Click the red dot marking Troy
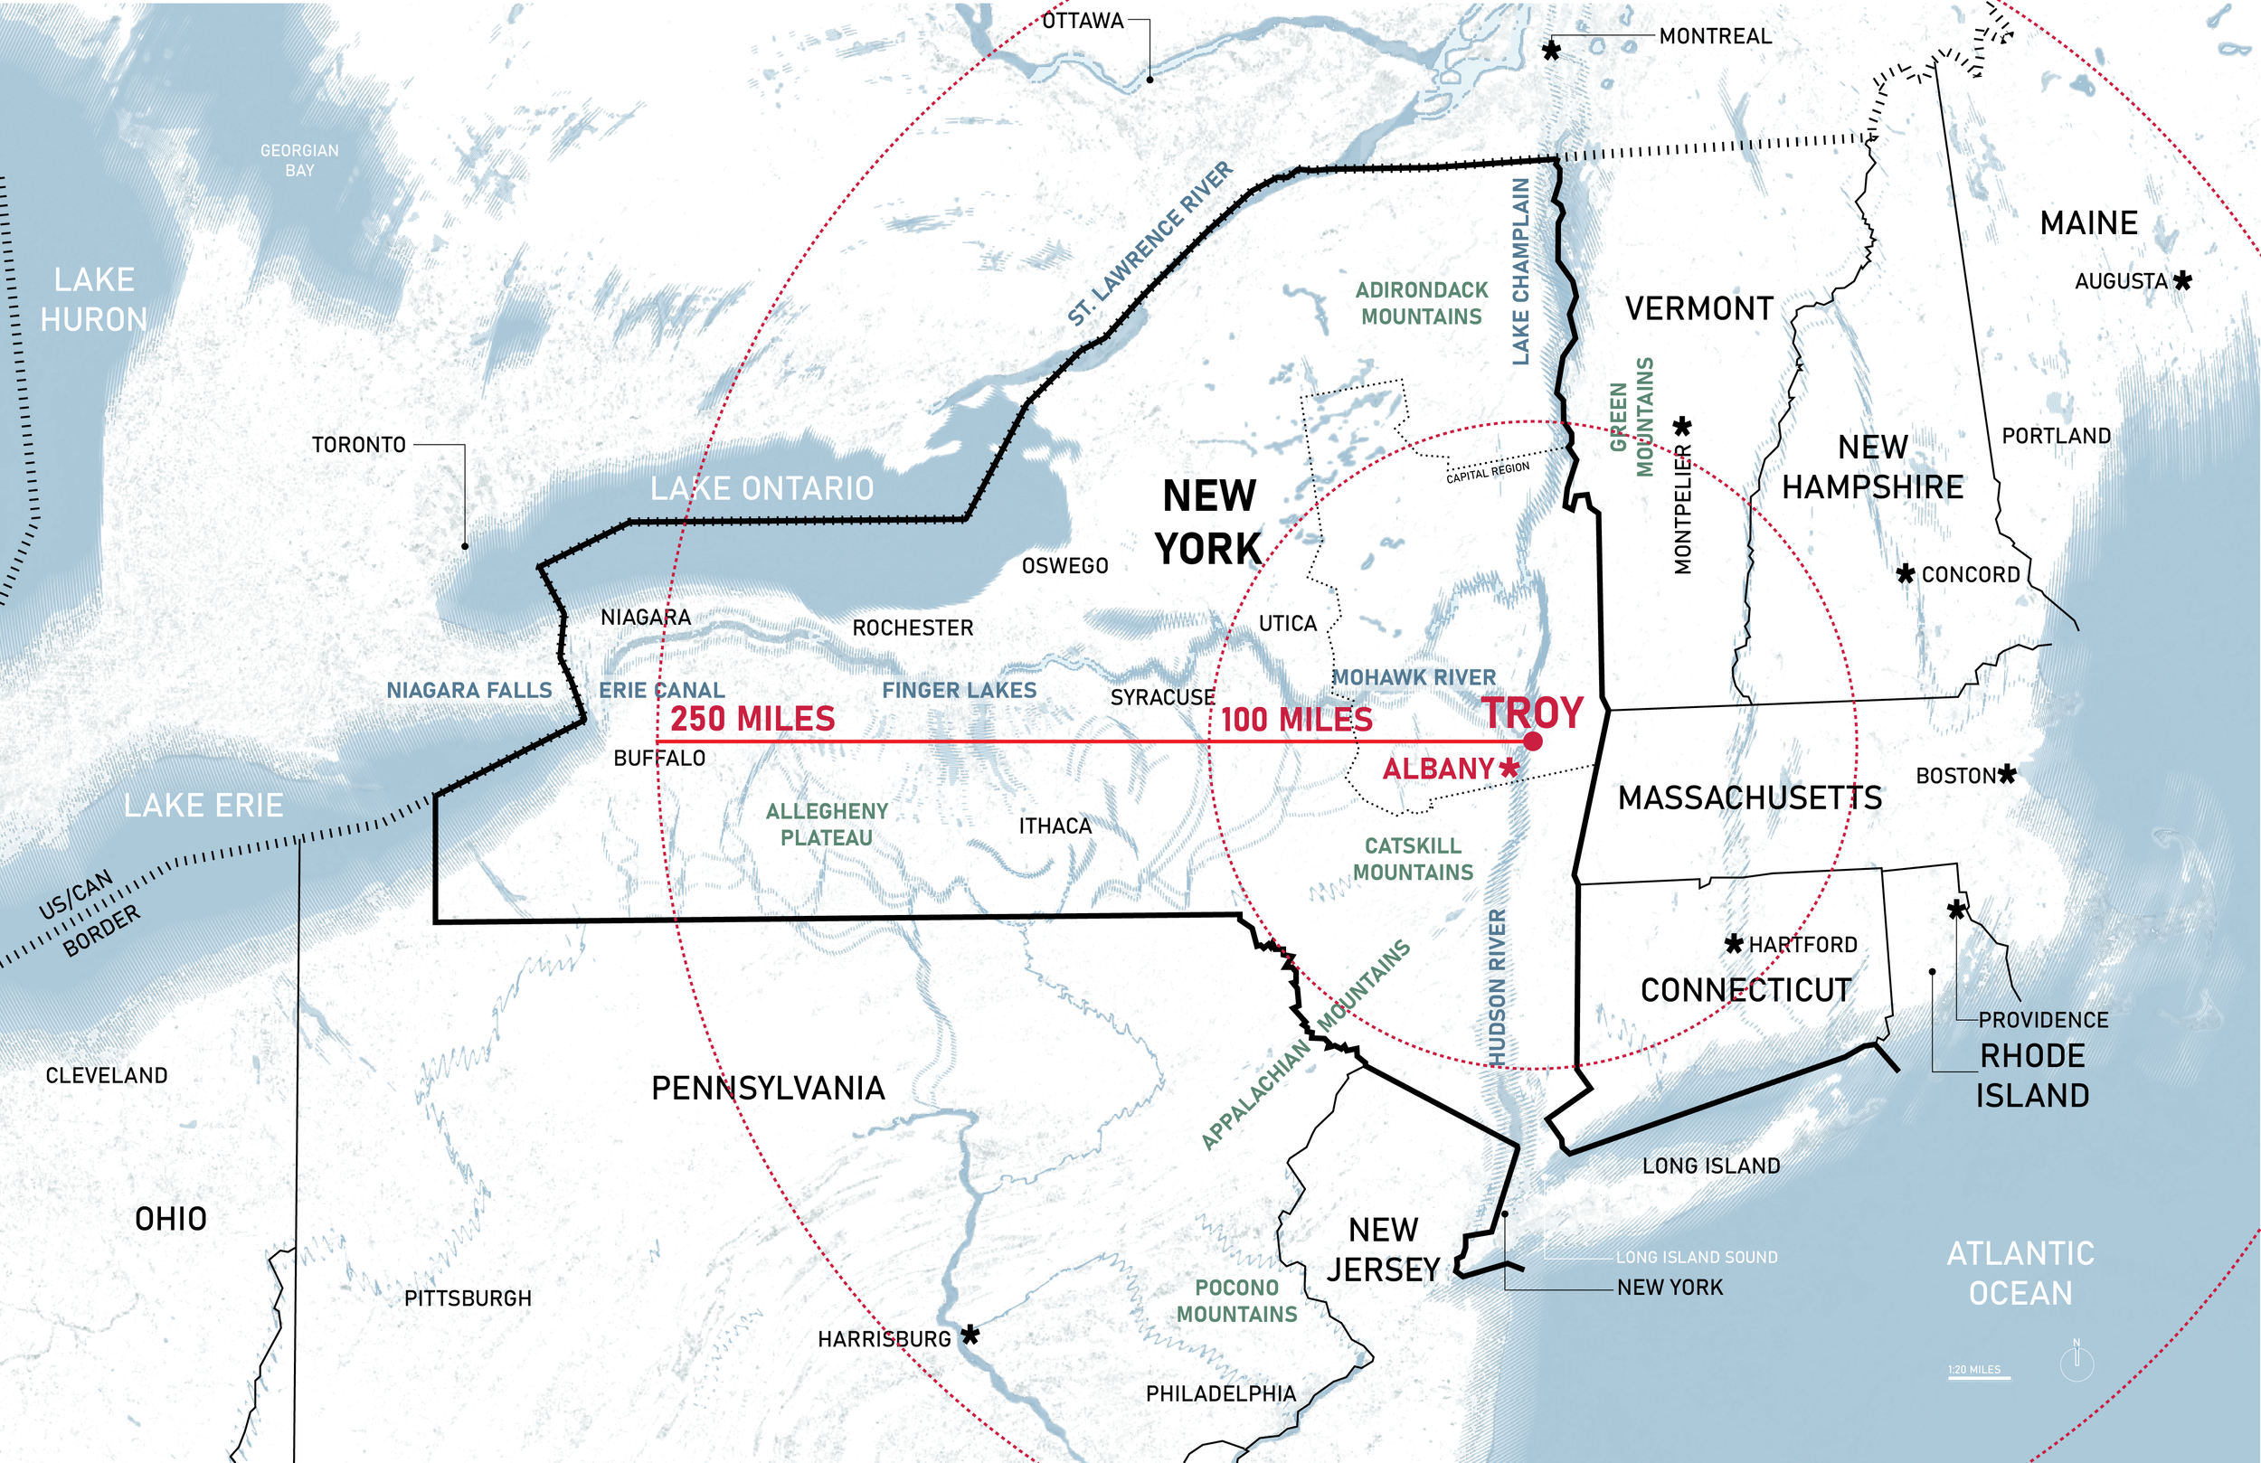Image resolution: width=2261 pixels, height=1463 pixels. [1532, 741]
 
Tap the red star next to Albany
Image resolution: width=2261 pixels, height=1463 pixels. [1508, 768]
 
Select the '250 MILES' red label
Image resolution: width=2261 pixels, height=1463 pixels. [752, 718]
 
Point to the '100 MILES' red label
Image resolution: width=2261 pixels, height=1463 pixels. [1297, 719]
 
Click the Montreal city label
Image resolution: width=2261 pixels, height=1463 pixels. [1715, 36]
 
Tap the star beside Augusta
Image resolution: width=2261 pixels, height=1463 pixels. [2183, 280]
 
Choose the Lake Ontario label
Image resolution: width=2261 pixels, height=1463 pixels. [762, 488]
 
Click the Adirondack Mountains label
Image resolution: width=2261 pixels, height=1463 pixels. [1421, 303]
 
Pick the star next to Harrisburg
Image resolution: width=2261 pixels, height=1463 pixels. [970, 1335]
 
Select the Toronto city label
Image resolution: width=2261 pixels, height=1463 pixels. [359, 445]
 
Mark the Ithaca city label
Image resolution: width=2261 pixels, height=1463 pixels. [1055, 826]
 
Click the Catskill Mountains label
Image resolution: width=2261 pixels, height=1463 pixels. [1413, 859]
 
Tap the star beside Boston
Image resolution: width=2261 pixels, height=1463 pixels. [2006, 774]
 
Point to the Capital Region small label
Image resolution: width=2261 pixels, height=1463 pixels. [1488, 472]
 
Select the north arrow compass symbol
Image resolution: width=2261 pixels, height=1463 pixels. [2077, 1362]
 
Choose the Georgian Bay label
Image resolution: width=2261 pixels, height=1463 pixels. [299, 161]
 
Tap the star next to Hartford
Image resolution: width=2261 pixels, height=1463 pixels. [1734, 943]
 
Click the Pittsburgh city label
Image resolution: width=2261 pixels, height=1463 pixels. [468, 1298]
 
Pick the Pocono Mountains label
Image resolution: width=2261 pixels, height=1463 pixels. [1237, 1300]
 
